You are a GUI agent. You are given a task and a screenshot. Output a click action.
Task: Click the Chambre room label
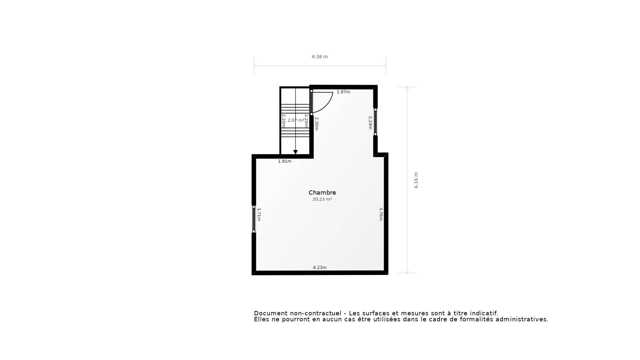coord(322,193)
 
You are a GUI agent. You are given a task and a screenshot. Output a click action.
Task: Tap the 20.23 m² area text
coord(322,199)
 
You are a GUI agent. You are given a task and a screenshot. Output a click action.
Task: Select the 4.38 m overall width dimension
coord(320,57)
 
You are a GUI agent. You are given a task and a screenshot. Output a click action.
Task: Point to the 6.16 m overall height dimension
coord(416,180)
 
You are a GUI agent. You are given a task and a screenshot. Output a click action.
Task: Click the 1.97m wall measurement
coord(343,92)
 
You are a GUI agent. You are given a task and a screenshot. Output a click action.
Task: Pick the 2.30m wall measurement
coord(317,123)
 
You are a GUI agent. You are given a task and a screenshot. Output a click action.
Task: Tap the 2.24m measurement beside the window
coord(370,123)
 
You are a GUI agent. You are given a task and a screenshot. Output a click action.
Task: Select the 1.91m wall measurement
coord(285,161)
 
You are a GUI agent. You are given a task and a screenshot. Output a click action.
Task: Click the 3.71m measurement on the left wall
coord(259,214)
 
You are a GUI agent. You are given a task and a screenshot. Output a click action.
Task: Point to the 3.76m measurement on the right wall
coord(381,214)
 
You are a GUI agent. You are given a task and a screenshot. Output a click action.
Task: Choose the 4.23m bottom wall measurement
coord(320,267)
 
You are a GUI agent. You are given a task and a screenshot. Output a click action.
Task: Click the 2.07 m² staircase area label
coord(296,120)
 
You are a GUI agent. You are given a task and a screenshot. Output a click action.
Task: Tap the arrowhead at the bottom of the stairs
coord(295,152)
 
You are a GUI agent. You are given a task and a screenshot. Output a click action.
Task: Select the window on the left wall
coord(254,219)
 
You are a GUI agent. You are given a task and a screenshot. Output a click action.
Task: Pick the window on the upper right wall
coord(375,122)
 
